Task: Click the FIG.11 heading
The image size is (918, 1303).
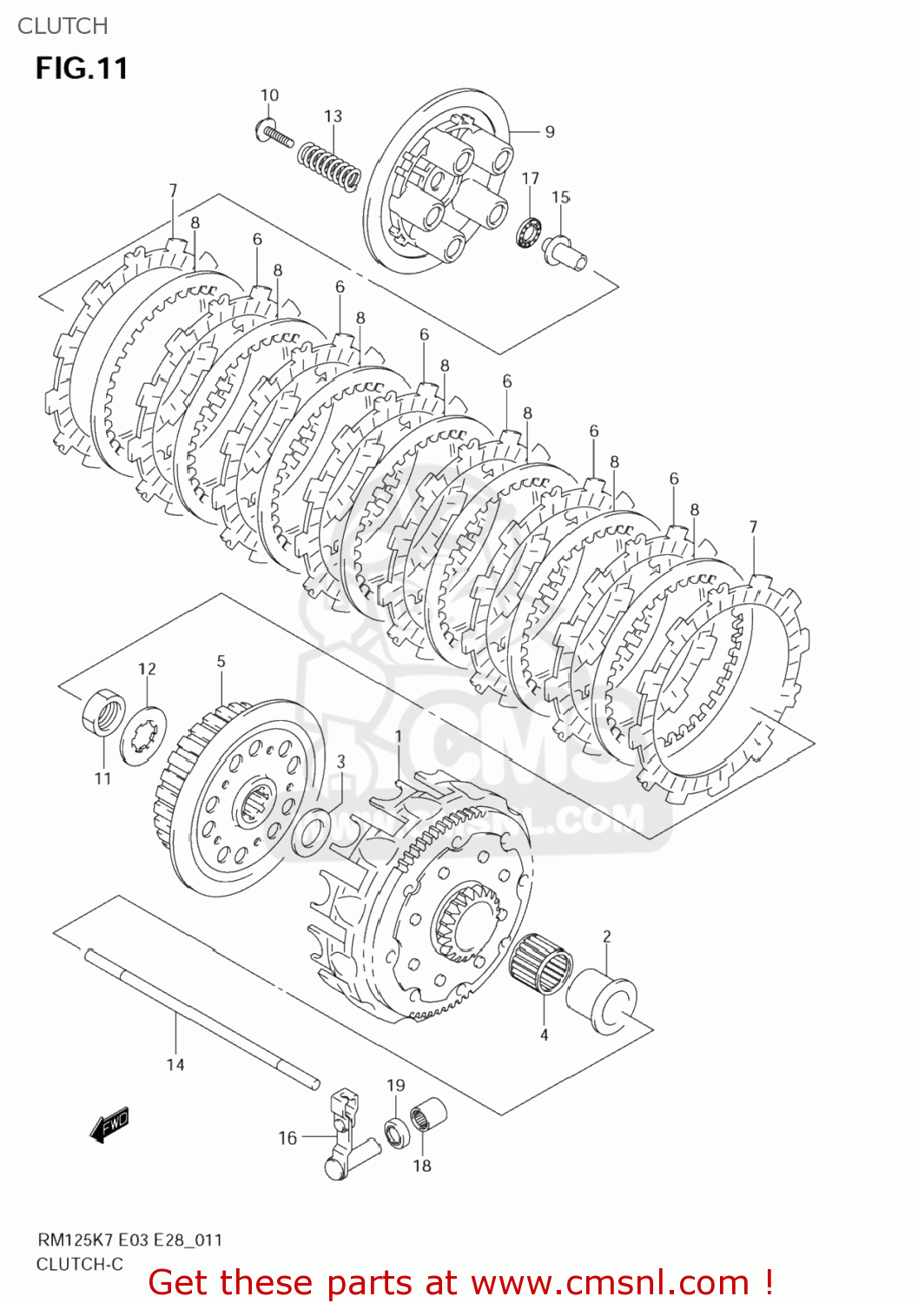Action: [x=82, y=68]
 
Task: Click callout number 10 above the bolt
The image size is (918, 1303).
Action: [x=269, y=96]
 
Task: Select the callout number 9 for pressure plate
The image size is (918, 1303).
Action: [x=550, y=132]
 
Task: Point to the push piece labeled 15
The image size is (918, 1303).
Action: [x=565, y=253]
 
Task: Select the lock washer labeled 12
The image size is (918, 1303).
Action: [x=142, y=735]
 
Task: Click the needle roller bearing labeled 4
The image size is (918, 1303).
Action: [x=540, y=966]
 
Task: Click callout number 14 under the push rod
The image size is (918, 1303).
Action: [x=175, y=1064]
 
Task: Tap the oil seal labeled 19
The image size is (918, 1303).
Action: [x=398, y=1133]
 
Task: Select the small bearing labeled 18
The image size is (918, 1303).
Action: [x=428, y=1115]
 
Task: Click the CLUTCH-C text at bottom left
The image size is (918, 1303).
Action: [x=79, y=1264]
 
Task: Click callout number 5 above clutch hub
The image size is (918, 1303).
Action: [x=221, y=662]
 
